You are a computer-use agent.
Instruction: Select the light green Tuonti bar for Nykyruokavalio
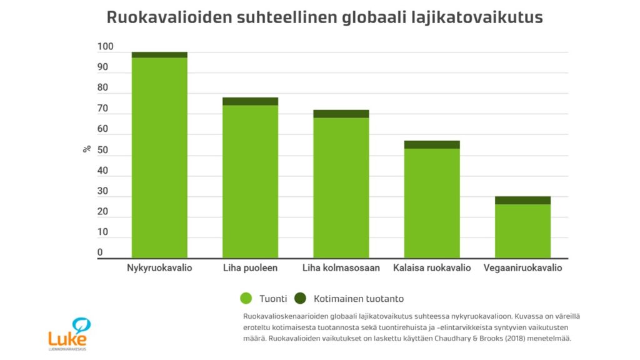[159, 156]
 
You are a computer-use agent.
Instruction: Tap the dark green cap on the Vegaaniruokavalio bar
[522, 200]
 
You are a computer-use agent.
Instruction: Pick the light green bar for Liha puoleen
[250, 181]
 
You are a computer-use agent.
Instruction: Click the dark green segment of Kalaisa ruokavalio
[432, 144]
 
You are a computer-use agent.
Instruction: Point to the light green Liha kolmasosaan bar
[341, 187]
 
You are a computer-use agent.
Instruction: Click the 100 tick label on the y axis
[105, 47]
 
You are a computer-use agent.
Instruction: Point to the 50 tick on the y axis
[102, 151]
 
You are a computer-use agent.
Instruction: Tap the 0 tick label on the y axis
[100, 253]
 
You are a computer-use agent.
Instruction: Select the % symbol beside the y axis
[87, 149]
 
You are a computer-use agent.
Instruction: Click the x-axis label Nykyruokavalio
[159, 268]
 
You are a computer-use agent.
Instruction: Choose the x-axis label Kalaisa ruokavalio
[432, 268]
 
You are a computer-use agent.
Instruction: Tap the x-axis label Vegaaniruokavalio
[522, 268]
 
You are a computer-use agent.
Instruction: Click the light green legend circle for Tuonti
[246, 299]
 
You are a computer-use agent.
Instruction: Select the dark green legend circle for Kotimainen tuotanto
[300, 299]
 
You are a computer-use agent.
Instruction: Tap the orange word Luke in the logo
[67, 337]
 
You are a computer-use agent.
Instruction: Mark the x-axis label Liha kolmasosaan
[341, 268]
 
